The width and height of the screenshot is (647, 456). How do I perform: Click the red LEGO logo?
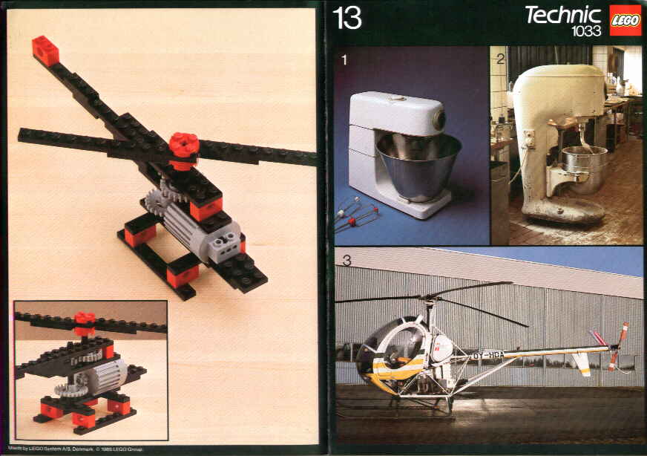coord(625,20)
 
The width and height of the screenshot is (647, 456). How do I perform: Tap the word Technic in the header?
coord(562,14)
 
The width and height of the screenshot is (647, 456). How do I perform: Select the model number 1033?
coord(585,31)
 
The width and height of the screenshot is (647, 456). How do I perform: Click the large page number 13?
coord(347,18)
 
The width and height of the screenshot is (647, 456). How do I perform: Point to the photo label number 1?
coord(343,60)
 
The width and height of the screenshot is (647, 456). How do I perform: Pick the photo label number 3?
coord(346,261)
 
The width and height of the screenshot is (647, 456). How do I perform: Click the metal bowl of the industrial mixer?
coord(583,167)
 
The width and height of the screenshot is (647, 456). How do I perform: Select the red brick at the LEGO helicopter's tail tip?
coord(45,49)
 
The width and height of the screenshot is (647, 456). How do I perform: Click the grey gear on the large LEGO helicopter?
coord(157,203)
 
